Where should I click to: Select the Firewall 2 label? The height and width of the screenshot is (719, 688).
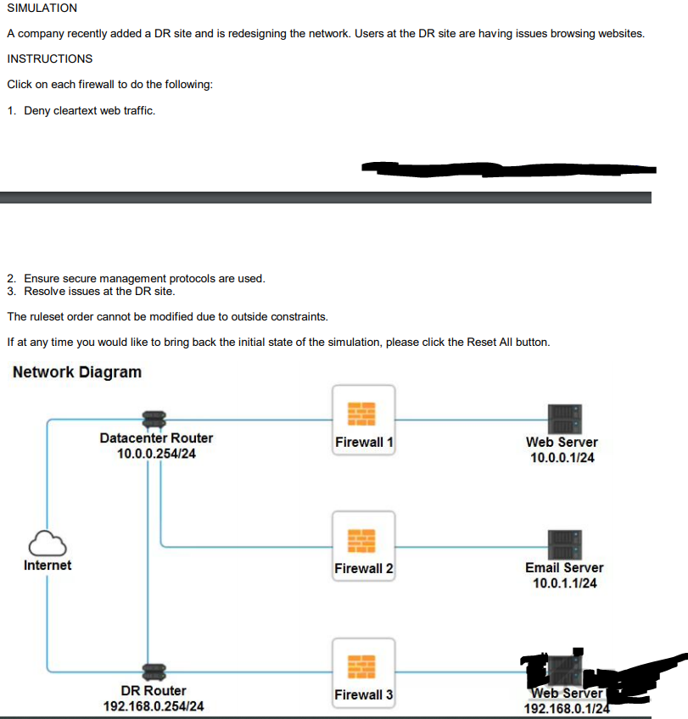click(364, 568)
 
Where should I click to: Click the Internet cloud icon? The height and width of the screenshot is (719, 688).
click(48, 541)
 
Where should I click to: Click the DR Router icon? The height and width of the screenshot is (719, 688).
click(153, 672)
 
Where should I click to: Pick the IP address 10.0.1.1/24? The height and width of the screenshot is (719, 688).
click(564, 583)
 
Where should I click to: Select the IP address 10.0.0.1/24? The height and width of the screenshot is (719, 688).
click(562, 458)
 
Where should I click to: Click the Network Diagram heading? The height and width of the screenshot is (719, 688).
click(77, 372)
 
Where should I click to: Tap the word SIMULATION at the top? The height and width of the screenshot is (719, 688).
click(42, 8)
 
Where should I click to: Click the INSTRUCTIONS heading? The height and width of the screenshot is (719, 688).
click(49, 59)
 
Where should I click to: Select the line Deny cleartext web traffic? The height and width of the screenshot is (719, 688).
click(89, 111)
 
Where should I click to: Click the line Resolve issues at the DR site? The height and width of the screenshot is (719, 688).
click(99, 291)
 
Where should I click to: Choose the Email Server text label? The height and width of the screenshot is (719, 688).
click(564, 567)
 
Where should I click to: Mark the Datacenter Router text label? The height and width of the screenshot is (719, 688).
click(156, 438)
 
